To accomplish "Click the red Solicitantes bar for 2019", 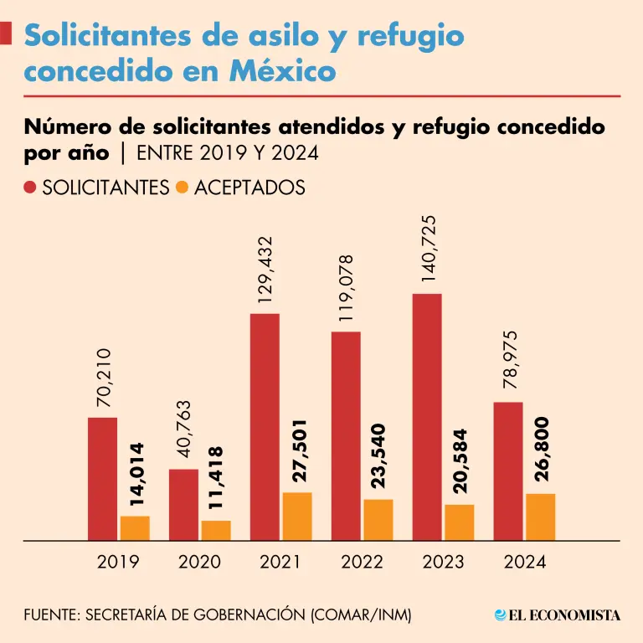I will click(102, 479).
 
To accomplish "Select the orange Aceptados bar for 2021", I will click(297, 516).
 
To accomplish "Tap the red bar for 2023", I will click(427, 417).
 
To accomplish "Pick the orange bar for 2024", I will click(540, 517).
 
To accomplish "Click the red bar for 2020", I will click(183, 505).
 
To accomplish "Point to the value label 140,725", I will click(430, 250).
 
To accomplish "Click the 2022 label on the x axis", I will click(363, 562).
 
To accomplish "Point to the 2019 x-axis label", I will click(118, 562).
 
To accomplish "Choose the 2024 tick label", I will click(525, 562).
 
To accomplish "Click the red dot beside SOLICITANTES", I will click(31, 187).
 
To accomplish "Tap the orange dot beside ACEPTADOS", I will click(183, 187).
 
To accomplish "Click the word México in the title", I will click(282, 71).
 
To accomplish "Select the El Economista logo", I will click(558, 615).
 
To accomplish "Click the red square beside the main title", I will click(5, 34).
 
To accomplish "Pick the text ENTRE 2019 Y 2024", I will click(227, 154).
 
